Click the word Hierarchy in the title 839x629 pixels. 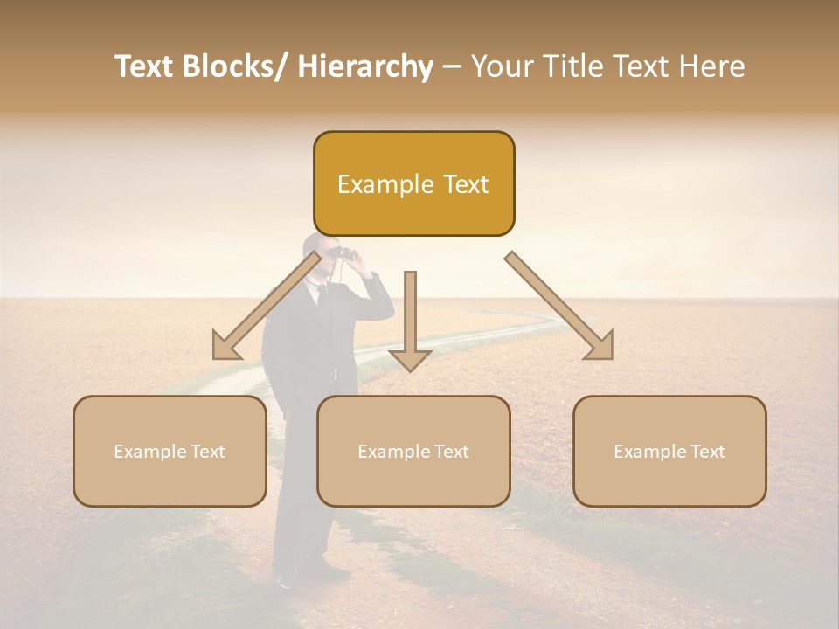[365, 66]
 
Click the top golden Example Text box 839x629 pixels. [413, 183]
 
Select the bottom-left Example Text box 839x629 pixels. [170, 451]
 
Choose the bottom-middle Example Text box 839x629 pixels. [413, 451]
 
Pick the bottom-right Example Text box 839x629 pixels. [669, 451]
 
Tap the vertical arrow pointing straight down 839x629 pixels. [410, 323]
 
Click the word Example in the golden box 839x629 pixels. [374, 184]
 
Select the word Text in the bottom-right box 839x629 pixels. [706, 452]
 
